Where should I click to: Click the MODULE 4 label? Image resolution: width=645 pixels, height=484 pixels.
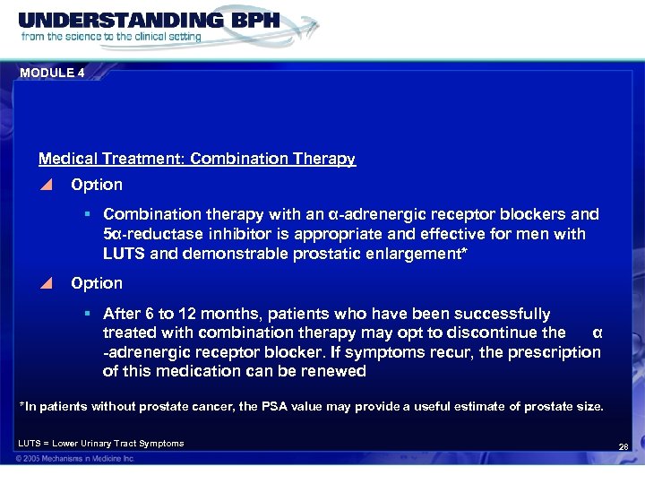[50, 73]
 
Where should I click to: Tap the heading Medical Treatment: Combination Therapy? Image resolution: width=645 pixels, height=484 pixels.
[197, 159]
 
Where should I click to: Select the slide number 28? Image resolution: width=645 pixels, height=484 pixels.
[624, 446]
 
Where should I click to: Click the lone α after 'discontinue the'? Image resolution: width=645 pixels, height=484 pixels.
[598, 333]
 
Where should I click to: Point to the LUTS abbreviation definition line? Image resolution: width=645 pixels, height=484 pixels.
[100, 443]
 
